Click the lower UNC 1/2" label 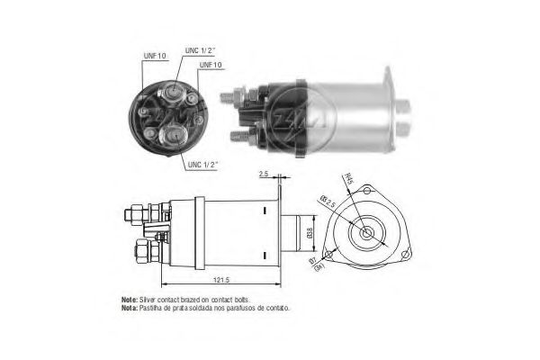(x=205, y=165)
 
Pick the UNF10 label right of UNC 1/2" (x=211, y=66)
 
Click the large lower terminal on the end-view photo (x=172, y=135)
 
